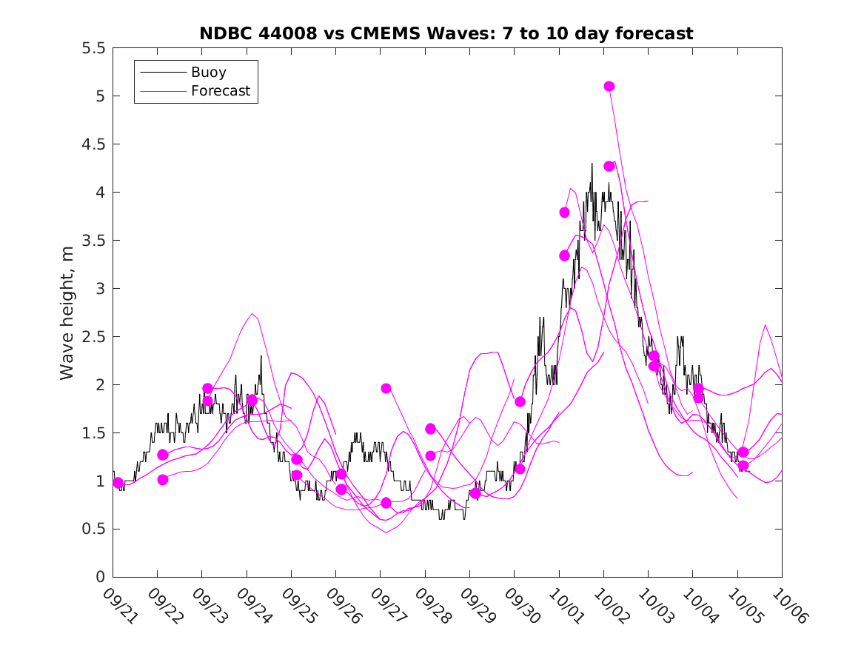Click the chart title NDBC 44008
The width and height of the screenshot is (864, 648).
pyautogui.click(x=446, y=33)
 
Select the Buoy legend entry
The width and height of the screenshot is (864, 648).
pyautogui.click(x=208, y=73)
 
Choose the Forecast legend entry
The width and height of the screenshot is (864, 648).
pyautogui.click(x=221, y=92)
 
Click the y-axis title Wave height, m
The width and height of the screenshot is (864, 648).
pyautogui.click(x=67, y=312)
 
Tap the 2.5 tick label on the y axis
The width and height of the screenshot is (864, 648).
pyautogui.click(x=93, y=337)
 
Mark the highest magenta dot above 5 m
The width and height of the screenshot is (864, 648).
pyautogui.click(x=609, y=86)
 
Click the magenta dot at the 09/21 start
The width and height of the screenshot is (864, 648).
pyautogui.click(x=118, y=483)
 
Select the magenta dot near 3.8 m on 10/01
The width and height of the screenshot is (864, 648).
pyautogui.click(x=565, y=213)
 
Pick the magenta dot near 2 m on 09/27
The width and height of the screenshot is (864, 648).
pyautogui.click(x=386, y=388)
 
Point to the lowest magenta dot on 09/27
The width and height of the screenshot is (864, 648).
pyautogui.click(x=386, y=503)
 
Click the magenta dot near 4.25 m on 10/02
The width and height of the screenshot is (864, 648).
pyautogui.click(x=609, y=166)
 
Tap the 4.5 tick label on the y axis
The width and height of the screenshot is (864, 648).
pyautogui.click(x=93, y=144)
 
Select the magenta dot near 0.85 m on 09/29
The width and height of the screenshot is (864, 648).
pyautogui.click(x=475, y=493)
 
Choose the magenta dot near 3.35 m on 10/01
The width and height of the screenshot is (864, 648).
pyautogui.click(x=565, y=255)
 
